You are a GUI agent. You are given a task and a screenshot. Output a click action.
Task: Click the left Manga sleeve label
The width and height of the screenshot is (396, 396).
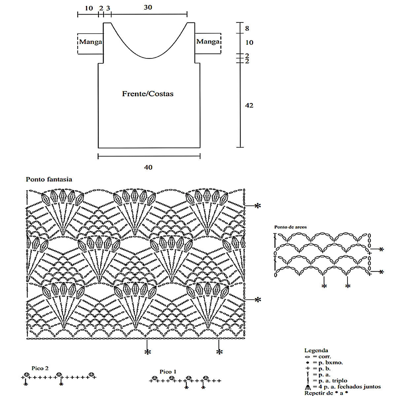[x=90, y=42]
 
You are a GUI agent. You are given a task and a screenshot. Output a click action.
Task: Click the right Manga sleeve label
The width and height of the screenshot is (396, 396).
[x=208, y=42]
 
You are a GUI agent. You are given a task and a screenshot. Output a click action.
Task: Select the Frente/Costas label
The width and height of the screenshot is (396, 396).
[x=148, y=94]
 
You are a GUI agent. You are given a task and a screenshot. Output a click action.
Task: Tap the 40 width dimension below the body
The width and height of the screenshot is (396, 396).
[x=148, y=167]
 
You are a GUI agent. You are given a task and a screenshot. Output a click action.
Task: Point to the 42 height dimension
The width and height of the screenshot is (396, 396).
[x=249, y=106]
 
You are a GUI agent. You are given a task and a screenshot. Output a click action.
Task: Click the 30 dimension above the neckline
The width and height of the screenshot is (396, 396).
[x=148, y=7]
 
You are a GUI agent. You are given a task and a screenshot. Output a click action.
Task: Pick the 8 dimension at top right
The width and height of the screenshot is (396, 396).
[x=247, y=29]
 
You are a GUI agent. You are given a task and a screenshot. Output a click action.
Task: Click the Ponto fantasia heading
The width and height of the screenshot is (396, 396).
[x=49, y=180]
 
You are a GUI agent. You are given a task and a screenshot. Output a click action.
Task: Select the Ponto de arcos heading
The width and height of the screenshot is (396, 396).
[x=290, y=227]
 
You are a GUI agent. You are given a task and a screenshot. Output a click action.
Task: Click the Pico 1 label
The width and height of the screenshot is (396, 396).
[x=168, y=372]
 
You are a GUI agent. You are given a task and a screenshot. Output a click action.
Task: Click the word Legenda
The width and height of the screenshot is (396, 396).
[x=316, y=350]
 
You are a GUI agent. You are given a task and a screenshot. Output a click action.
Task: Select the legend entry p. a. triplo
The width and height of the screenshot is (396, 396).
[x=330, y=380]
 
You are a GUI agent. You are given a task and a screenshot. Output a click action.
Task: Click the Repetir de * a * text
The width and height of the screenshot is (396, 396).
[x=326, y=393]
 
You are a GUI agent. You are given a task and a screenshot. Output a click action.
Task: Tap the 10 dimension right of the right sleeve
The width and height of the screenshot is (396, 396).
[x=249, y=43]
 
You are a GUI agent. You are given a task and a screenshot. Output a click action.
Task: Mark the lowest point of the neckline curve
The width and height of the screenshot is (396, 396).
[x=149, y=58]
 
